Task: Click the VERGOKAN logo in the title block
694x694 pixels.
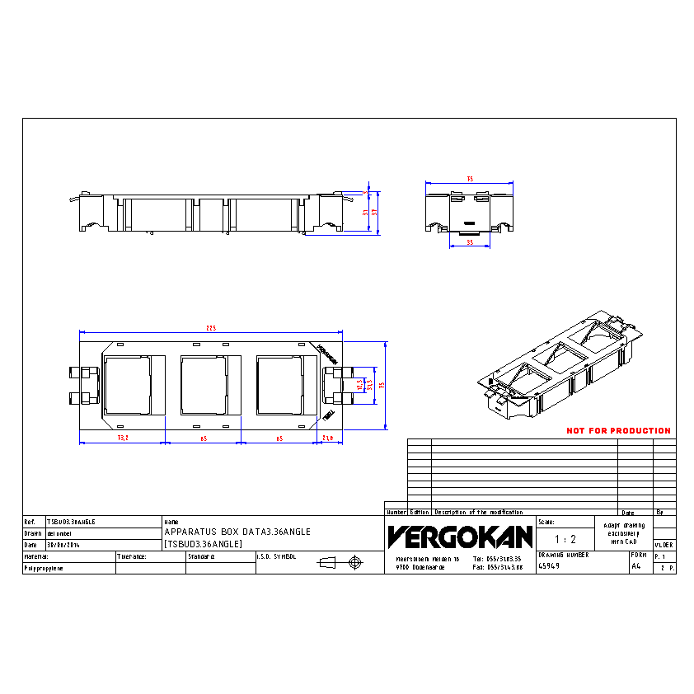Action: point(459,537)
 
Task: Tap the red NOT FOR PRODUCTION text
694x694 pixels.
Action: point(618,431)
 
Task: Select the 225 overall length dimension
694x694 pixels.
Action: point(210,329)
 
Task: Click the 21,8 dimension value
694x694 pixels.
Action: point(326,438)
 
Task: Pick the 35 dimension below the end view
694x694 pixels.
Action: point(469,243)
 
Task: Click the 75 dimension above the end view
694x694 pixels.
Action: point(470,179)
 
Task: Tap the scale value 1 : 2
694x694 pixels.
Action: point(565,539)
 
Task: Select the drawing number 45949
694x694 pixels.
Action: point(550,566)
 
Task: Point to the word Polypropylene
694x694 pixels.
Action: point(45,569)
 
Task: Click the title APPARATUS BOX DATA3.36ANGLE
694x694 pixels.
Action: point(237,532)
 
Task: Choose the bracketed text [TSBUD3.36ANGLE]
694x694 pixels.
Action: point(203,544)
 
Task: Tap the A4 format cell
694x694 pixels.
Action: point(635,566)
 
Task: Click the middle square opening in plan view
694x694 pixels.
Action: point(203,384)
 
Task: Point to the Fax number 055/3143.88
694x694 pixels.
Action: point(498,567)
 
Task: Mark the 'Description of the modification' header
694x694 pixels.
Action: point(478,512)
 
